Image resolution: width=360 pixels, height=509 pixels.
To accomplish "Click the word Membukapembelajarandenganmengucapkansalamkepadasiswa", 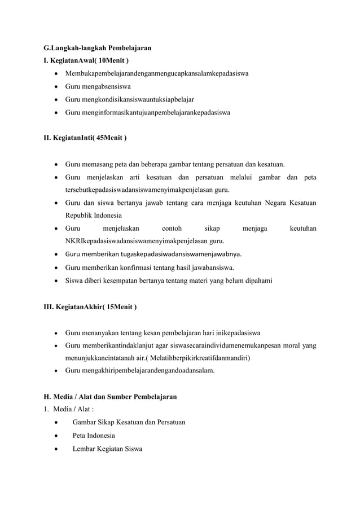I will click(158, 73).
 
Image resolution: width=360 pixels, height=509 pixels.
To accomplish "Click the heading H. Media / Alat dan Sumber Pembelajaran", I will click(111, 397).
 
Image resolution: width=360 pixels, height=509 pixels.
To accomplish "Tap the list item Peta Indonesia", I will click(94, 436).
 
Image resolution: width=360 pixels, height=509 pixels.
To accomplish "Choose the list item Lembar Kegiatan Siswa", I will click(107, 449).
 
